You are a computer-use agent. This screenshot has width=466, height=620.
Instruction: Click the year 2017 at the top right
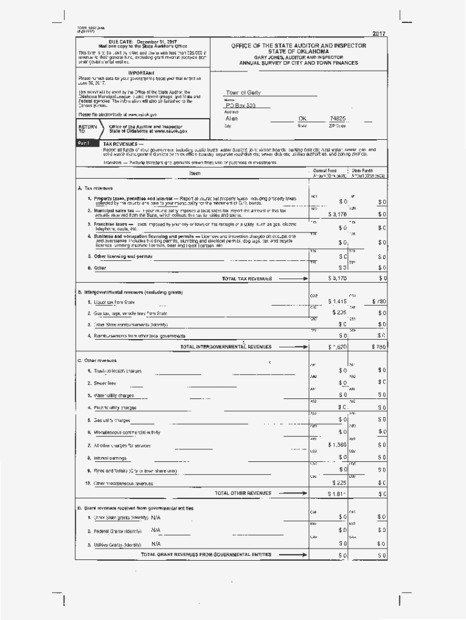(x=379, y=33)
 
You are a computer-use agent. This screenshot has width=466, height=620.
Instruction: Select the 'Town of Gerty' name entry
(x=243, y=93)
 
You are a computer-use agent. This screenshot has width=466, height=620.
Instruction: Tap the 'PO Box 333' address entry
(x=241, y=105)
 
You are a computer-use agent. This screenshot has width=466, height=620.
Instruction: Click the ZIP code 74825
(x=338, y=119)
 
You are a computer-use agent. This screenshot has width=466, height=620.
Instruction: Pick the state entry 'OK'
(x=303, y=119)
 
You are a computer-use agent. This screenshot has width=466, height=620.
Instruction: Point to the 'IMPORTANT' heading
(x=125, y=73)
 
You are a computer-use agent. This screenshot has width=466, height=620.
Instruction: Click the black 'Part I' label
(x=84, y=143)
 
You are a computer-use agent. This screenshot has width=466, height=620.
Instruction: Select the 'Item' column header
(x=195, y=173)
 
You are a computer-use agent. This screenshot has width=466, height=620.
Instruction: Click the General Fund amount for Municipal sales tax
(x=337, y=214)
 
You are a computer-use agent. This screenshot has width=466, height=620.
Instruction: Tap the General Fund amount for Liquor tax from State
(x=338, y=301)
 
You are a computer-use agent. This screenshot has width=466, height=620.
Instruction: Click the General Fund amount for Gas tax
(x=339, y=312)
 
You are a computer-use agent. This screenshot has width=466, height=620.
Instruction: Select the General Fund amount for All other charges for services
(x=337, y=444)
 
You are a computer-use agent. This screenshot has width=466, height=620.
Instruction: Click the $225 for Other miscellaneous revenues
(x=339, y=483)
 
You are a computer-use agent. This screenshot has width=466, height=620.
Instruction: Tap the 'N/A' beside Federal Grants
(x=156, y=530)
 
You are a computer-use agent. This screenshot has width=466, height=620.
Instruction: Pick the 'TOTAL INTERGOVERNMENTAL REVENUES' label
(x=226, y=347)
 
